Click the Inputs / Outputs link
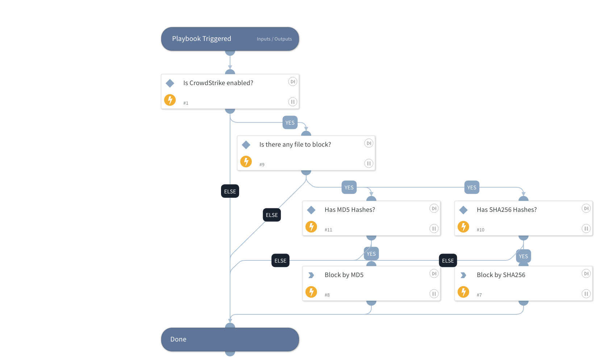[x=274, y=39]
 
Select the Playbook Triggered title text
[x=201, y=39]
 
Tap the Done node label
[x=178, y=339]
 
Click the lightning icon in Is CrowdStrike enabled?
[x=170, y=100]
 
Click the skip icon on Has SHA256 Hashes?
[x=586, y=208]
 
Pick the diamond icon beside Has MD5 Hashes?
[x=311, y=210]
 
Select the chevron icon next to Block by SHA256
[x=463, y=275]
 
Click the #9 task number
[x=262, y=165]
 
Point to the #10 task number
[x=480, y=230]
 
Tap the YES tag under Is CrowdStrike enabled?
[x=290, y=123]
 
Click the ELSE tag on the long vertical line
[x=230, y=192]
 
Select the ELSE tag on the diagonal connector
[x=272, y=215]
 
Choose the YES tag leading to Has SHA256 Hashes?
[x=472, y=188]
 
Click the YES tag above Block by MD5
[x=371, y=254]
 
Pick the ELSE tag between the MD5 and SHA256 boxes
[x=448, y=261]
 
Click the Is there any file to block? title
[x=295, y=145]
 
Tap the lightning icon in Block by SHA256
[x=463, y=292]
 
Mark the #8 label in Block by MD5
[x=327, y=295]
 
